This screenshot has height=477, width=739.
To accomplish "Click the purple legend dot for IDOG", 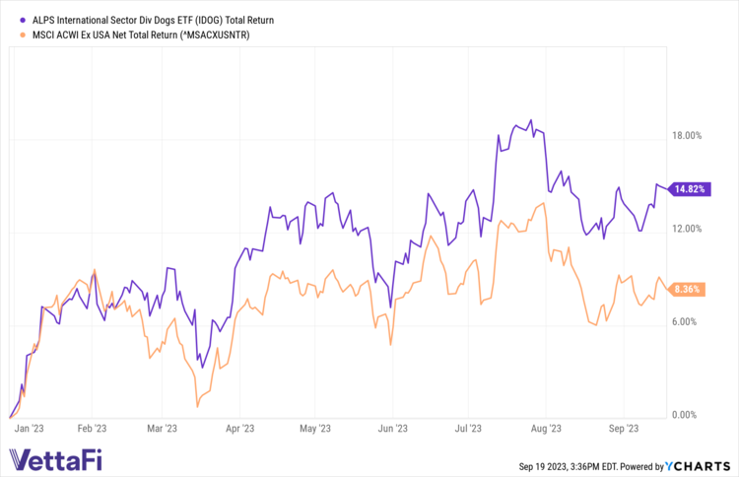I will [12, 19].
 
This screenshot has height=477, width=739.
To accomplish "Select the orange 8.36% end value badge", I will [687, 289].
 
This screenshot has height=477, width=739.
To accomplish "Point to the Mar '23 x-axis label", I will [161, 429].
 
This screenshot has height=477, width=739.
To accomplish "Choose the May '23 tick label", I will [313, 429].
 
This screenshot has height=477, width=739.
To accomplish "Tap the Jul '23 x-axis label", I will [468, 429].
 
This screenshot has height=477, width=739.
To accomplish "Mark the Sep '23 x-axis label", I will [624, 429].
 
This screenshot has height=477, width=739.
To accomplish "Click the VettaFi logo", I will [54, 458].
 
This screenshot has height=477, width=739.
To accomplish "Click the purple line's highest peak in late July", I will [531, 121].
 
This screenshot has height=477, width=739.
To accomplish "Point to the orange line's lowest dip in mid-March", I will [198, 406].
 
